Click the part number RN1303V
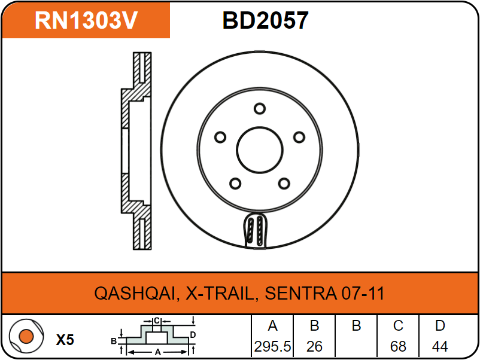tap(86, 20)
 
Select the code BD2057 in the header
tap(265, 20)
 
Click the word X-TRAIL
tap(220, 293)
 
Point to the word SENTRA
tap(300, 293)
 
